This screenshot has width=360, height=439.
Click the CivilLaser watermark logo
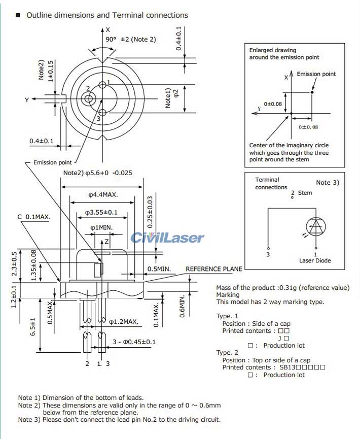tap(167, 238)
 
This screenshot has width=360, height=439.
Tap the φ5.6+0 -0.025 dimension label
tap(97, 173)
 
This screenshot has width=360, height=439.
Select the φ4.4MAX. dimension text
tap(103, 194)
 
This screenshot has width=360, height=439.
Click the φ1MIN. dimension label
tap(101, 228)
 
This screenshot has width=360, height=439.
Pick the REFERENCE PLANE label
tap(214, 269)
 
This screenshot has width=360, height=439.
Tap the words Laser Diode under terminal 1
tap(315, 261)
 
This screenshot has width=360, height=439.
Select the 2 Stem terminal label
tap(302, 193)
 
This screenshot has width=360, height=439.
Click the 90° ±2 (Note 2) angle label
tap(131, 39)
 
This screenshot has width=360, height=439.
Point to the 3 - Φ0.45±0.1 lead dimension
tap(133, 342)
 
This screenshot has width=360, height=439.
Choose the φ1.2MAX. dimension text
tap(124, 321)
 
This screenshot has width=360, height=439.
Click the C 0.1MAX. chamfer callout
tap(34, 217)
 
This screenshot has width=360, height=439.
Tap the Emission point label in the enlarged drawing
tap(316, 74)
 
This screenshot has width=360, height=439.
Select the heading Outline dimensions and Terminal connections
tap(107, 15)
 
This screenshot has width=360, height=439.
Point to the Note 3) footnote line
tap(119, 420)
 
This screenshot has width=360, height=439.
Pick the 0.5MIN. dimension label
tap(159, 269)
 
